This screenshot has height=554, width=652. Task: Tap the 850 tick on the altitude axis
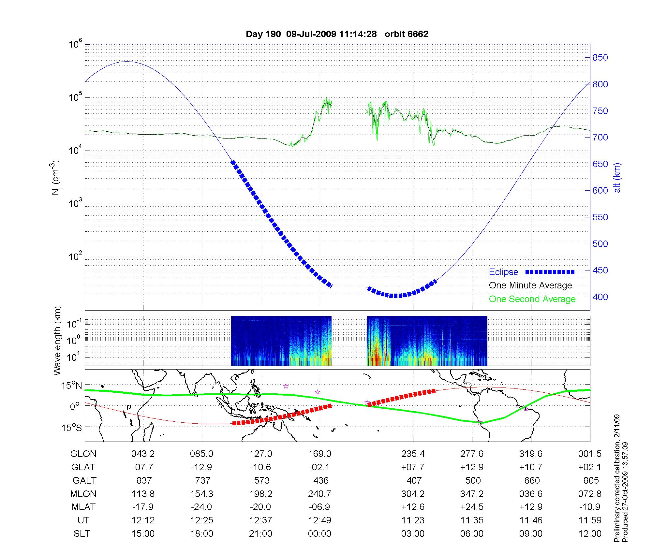pos(600,58)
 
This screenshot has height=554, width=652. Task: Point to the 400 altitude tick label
pos(600,297)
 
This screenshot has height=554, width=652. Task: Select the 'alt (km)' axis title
pos(617,178)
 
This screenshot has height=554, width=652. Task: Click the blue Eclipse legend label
pos(503,272)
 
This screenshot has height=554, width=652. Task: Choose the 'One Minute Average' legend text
pos(530,285)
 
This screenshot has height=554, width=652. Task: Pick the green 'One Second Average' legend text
pos(532,299)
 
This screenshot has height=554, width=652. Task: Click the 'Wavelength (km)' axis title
pos(58,341)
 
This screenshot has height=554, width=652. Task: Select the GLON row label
pos(83,454)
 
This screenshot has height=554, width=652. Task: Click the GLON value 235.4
pos(413,454)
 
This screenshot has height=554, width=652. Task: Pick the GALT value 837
pos(143,480)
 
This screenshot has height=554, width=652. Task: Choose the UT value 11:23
pos(413,520)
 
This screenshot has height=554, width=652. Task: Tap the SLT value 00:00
pos(319,533)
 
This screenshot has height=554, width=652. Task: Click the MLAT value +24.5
pos(472,507)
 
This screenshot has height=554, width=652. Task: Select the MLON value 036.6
pos(531,494)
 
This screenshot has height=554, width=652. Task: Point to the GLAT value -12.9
pos(202,467)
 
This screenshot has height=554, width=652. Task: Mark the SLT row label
pos(82,533)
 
